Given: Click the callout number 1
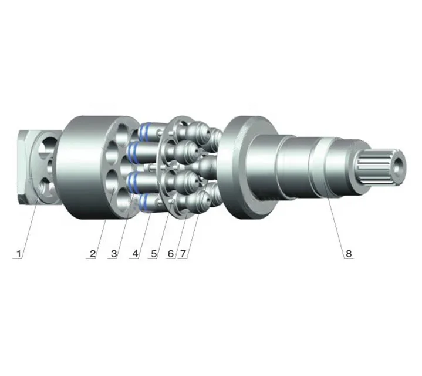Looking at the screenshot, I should [19, 254].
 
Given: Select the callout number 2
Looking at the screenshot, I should [93, 254].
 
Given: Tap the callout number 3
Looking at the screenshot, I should [114, 254].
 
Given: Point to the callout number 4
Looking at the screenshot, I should [134, 254].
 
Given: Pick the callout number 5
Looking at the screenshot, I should [154, 254].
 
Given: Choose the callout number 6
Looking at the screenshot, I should [171, 254].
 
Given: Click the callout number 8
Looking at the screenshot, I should [349, 254].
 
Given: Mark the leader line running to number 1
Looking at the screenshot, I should [29, 226].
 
